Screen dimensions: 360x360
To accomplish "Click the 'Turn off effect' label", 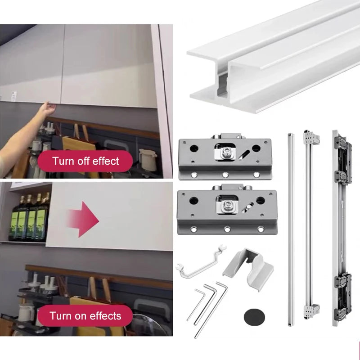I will pyautogui.click(x=85, y=161).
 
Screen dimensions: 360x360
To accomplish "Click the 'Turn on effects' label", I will pyautogui.click(x=85, y=315).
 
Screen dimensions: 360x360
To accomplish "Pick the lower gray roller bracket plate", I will pyautogui.click(x=225, y=209).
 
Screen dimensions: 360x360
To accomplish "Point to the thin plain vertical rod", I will pyautogui.click(x=290, y=229).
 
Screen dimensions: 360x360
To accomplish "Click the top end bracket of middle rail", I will pyautogui.click(x=310, y=137).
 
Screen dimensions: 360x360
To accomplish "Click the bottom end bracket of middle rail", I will pyautogui.click(x=311, y=310).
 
